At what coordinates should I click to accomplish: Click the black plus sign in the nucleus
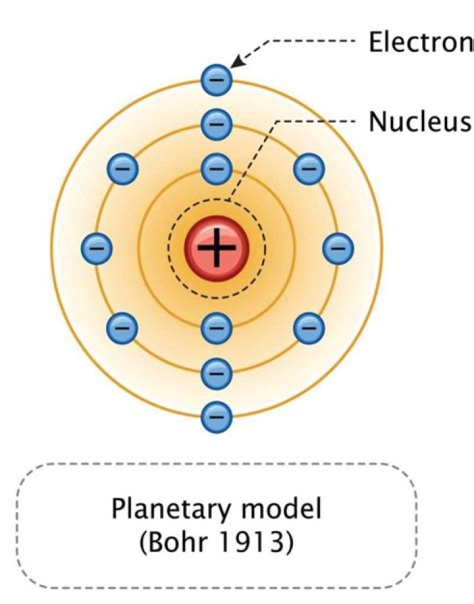tap(217, 248)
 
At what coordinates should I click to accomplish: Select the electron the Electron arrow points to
tap(217, 81)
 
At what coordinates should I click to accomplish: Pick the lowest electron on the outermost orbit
tap(217, 415)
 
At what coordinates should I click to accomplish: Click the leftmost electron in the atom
tap(97, 248)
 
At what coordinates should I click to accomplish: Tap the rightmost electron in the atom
tap(338, 248)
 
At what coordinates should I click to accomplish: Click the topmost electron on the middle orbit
tap(217, 122)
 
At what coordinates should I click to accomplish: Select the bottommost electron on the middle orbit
tap(217, 373)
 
